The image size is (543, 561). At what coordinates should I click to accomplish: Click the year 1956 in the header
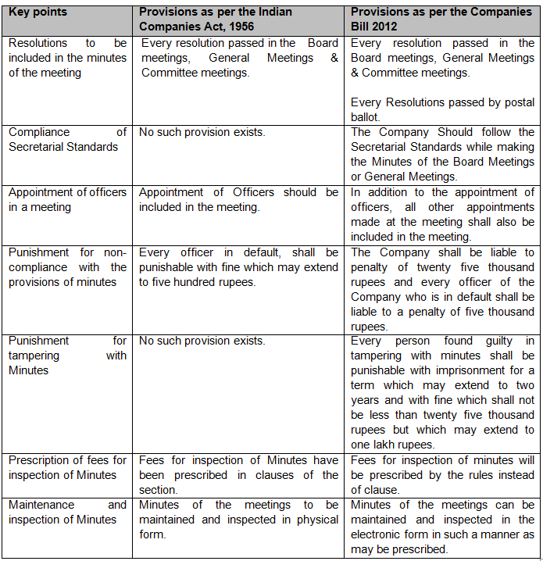click(240, 27)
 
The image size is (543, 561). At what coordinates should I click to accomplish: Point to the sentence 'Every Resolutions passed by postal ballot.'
click(442, 109)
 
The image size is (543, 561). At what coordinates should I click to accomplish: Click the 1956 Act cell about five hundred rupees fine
click(238, 267)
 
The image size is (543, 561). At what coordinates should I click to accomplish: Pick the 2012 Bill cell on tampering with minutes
click(442, 392)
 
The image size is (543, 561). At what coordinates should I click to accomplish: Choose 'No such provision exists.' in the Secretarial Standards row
click(202, 132)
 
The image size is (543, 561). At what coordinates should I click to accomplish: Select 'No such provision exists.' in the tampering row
click(202, 341)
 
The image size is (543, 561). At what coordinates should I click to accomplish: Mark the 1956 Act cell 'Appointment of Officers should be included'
click(238, 199)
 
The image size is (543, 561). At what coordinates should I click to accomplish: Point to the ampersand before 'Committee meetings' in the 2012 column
click(355, 73)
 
